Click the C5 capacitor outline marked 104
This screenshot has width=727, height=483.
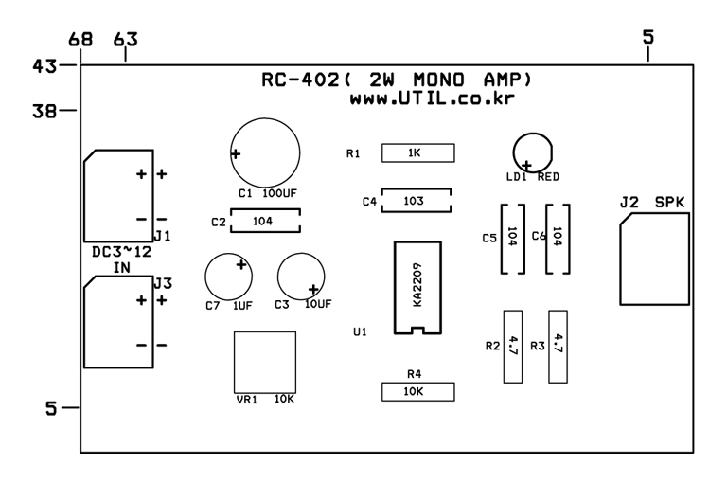[x=502, y=239]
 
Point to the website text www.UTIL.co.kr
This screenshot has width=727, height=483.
[x=432, y=98]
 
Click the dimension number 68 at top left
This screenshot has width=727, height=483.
[x=80, y=40]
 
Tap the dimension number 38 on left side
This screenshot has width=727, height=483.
[x=44, y=112]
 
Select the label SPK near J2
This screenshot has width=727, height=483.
[x=669, y=203]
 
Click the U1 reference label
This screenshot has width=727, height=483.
[x=360, y=331]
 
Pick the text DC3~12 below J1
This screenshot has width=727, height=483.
[x=122, y=252]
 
